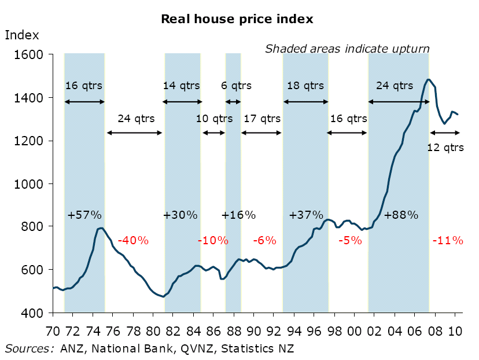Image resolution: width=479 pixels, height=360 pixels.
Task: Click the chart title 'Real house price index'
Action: [237, 19]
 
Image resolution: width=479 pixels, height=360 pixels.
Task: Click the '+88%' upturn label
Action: [401, 215]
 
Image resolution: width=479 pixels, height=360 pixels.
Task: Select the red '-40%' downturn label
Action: [133, 240]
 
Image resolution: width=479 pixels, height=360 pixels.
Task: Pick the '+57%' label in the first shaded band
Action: [84, 215]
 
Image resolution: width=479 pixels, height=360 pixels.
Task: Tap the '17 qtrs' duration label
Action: [261, 119]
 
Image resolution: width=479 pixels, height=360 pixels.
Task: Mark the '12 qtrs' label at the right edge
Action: [445, 147]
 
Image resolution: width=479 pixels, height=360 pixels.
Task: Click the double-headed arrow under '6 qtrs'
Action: [233, 102]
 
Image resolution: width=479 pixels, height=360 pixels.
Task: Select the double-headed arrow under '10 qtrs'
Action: [213, 133]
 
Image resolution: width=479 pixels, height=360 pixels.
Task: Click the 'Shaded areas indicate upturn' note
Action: [347, 49]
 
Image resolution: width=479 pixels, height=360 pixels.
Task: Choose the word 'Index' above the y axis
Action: [22, 35]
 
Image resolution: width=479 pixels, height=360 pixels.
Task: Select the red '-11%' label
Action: [447, 240]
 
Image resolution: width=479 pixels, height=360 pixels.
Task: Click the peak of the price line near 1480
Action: [428, 80]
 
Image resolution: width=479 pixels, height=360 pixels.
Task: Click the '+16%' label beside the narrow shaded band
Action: [238, 215]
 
